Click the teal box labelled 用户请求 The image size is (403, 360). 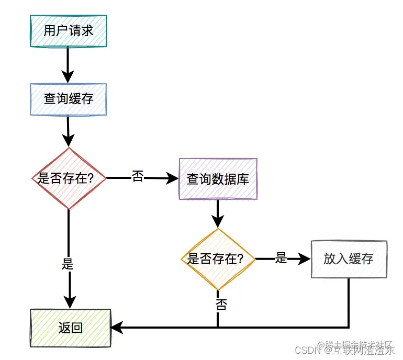pos(69,31)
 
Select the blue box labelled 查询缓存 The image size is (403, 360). pos(69,99)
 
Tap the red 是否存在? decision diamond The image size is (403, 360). pos(69,178)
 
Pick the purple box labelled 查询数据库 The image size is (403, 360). pos(218,179)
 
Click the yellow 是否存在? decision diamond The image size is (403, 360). pos(218,259)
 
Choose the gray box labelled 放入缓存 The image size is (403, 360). pos(349,259)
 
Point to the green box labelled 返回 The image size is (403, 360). pos(71,328)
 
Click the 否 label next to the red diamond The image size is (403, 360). pos(137,177)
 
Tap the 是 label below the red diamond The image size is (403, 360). pos(68,264)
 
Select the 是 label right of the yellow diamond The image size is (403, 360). pos(282,257)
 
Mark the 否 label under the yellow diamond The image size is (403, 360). pos(221,305)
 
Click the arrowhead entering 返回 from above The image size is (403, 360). pos(69,302)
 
